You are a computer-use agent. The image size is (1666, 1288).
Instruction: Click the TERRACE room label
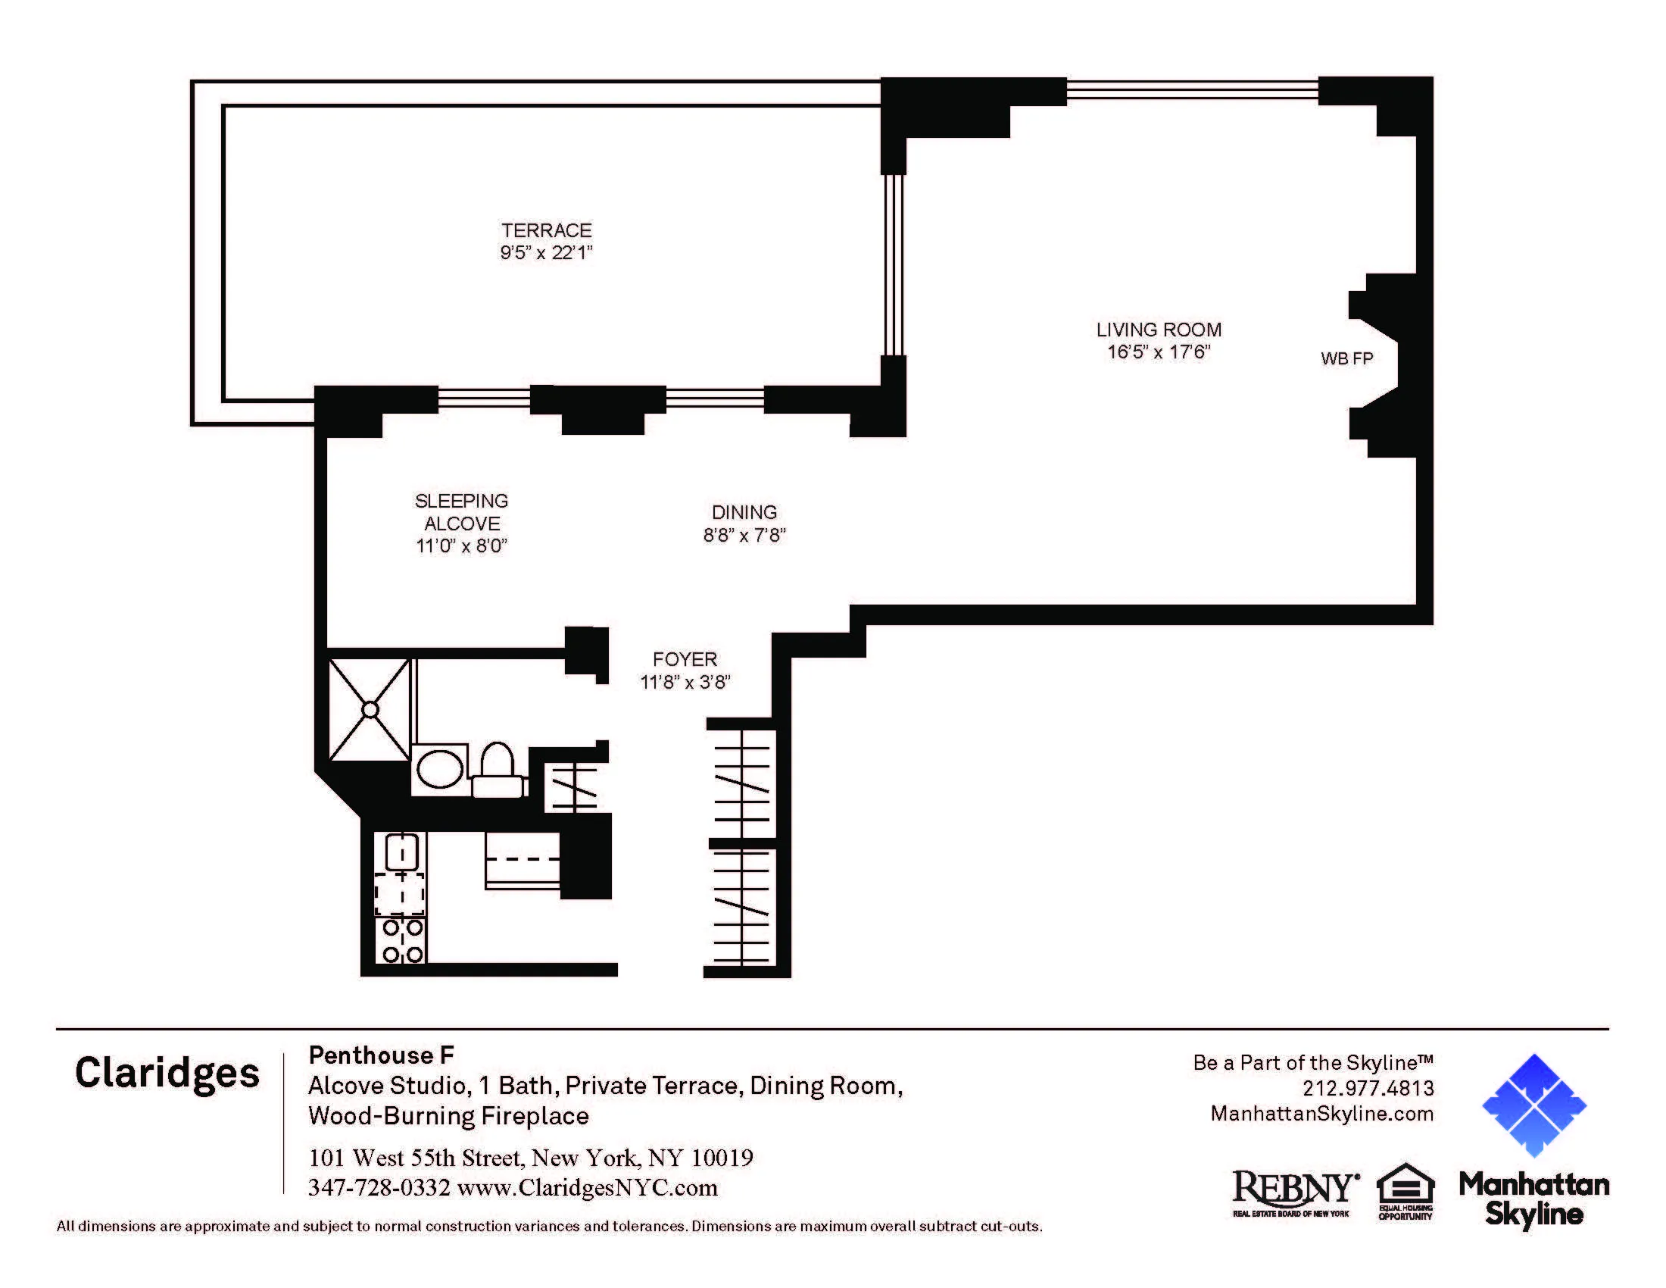[x=546, y=230]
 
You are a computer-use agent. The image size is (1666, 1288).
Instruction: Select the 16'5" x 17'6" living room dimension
[x=1158, y=352]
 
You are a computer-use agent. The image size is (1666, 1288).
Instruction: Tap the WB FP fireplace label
[x=1346, y=358]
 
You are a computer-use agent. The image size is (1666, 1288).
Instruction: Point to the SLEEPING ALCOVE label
[x=461, y=512]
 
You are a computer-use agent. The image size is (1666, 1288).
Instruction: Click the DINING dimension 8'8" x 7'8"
[x=744, y=535]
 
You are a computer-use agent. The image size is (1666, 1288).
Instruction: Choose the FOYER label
[x=685, y=659]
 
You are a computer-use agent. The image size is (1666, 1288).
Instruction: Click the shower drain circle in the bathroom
[x=370, y=710]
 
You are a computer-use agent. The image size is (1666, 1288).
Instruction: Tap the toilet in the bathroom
[x=498, y=769]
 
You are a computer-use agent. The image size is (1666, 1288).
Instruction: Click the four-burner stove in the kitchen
[x=401, y=940]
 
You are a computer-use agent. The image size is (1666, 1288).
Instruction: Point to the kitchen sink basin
[x=401, y=852]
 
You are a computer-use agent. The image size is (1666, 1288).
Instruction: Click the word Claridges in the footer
[x=167, y=1073]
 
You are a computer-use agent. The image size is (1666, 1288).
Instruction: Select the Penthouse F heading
[x=381, y=1055]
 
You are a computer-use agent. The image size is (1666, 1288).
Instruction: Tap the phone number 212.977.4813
[x=1367, y=1088]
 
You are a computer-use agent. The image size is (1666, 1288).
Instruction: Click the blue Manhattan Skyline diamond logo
[x=1533, y=1105]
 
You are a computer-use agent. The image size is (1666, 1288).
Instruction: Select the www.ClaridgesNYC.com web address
[x=588, y=1188]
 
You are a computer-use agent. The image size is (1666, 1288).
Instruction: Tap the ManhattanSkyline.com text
[x=1321, y=1113]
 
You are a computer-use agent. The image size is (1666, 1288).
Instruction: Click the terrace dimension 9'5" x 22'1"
[x=546, y=252]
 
